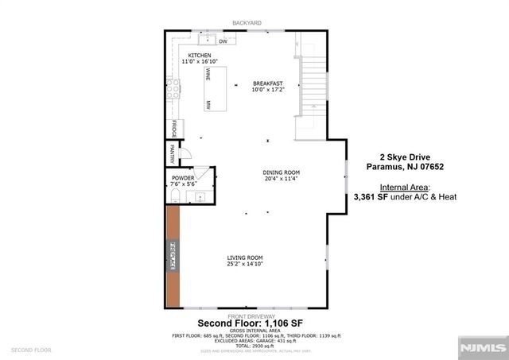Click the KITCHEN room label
(199, 56)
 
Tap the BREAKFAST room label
(267, 83)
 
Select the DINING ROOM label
(281, 172)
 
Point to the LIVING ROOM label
(244, 258)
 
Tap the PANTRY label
(171, 152)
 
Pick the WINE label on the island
(208, 75)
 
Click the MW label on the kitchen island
(208, 104)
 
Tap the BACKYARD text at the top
(247, 24)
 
